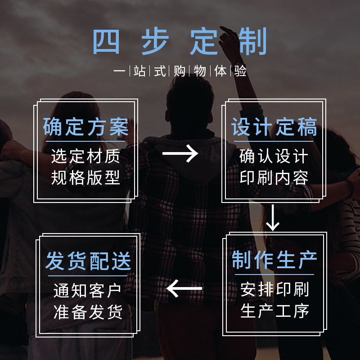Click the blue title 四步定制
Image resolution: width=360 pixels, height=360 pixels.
(180, 42)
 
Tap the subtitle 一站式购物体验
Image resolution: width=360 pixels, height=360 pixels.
(180, 71)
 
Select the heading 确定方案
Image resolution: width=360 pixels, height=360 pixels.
(86, 127)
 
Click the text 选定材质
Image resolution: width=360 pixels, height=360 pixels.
(86, 156)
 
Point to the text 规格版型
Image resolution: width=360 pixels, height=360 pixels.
(86, 178)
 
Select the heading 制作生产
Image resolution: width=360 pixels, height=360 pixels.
(274, 260)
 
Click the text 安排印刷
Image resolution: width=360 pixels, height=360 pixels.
(274, 289)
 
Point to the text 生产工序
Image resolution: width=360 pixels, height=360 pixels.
(274, 311)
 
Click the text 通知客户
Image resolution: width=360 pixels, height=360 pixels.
(88, 291)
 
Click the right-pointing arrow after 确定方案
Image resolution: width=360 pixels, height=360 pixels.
(180, 153)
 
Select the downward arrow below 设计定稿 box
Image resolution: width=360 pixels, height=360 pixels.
(273, 217)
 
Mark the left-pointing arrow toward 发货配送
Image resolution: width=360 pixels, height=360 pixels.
(184, 288)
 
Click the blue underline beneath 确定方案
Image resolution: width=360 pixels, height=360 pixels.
(86, 141)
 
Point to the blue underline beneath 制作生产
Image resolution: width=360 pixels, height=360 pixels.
(274, 274)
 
